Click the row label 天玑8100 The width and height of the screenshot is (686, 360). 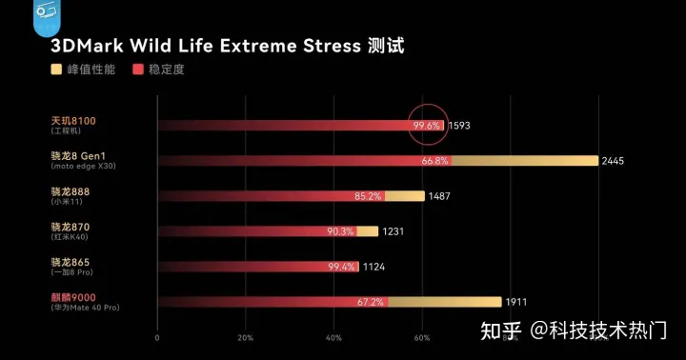point(73,121)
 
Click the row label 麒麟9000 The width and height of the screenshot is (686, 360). point(73,297)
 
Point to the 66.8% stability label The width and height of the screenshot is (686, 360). point(434,161)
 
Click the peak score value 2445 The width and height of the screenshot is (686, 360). point(613,161)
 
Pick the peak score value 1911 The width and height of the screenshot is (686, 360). point(516,302)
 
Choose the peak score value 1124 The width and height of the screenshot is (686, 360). point(373,267)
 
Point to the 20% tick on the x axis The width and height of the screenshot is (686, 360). point(245,338)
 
